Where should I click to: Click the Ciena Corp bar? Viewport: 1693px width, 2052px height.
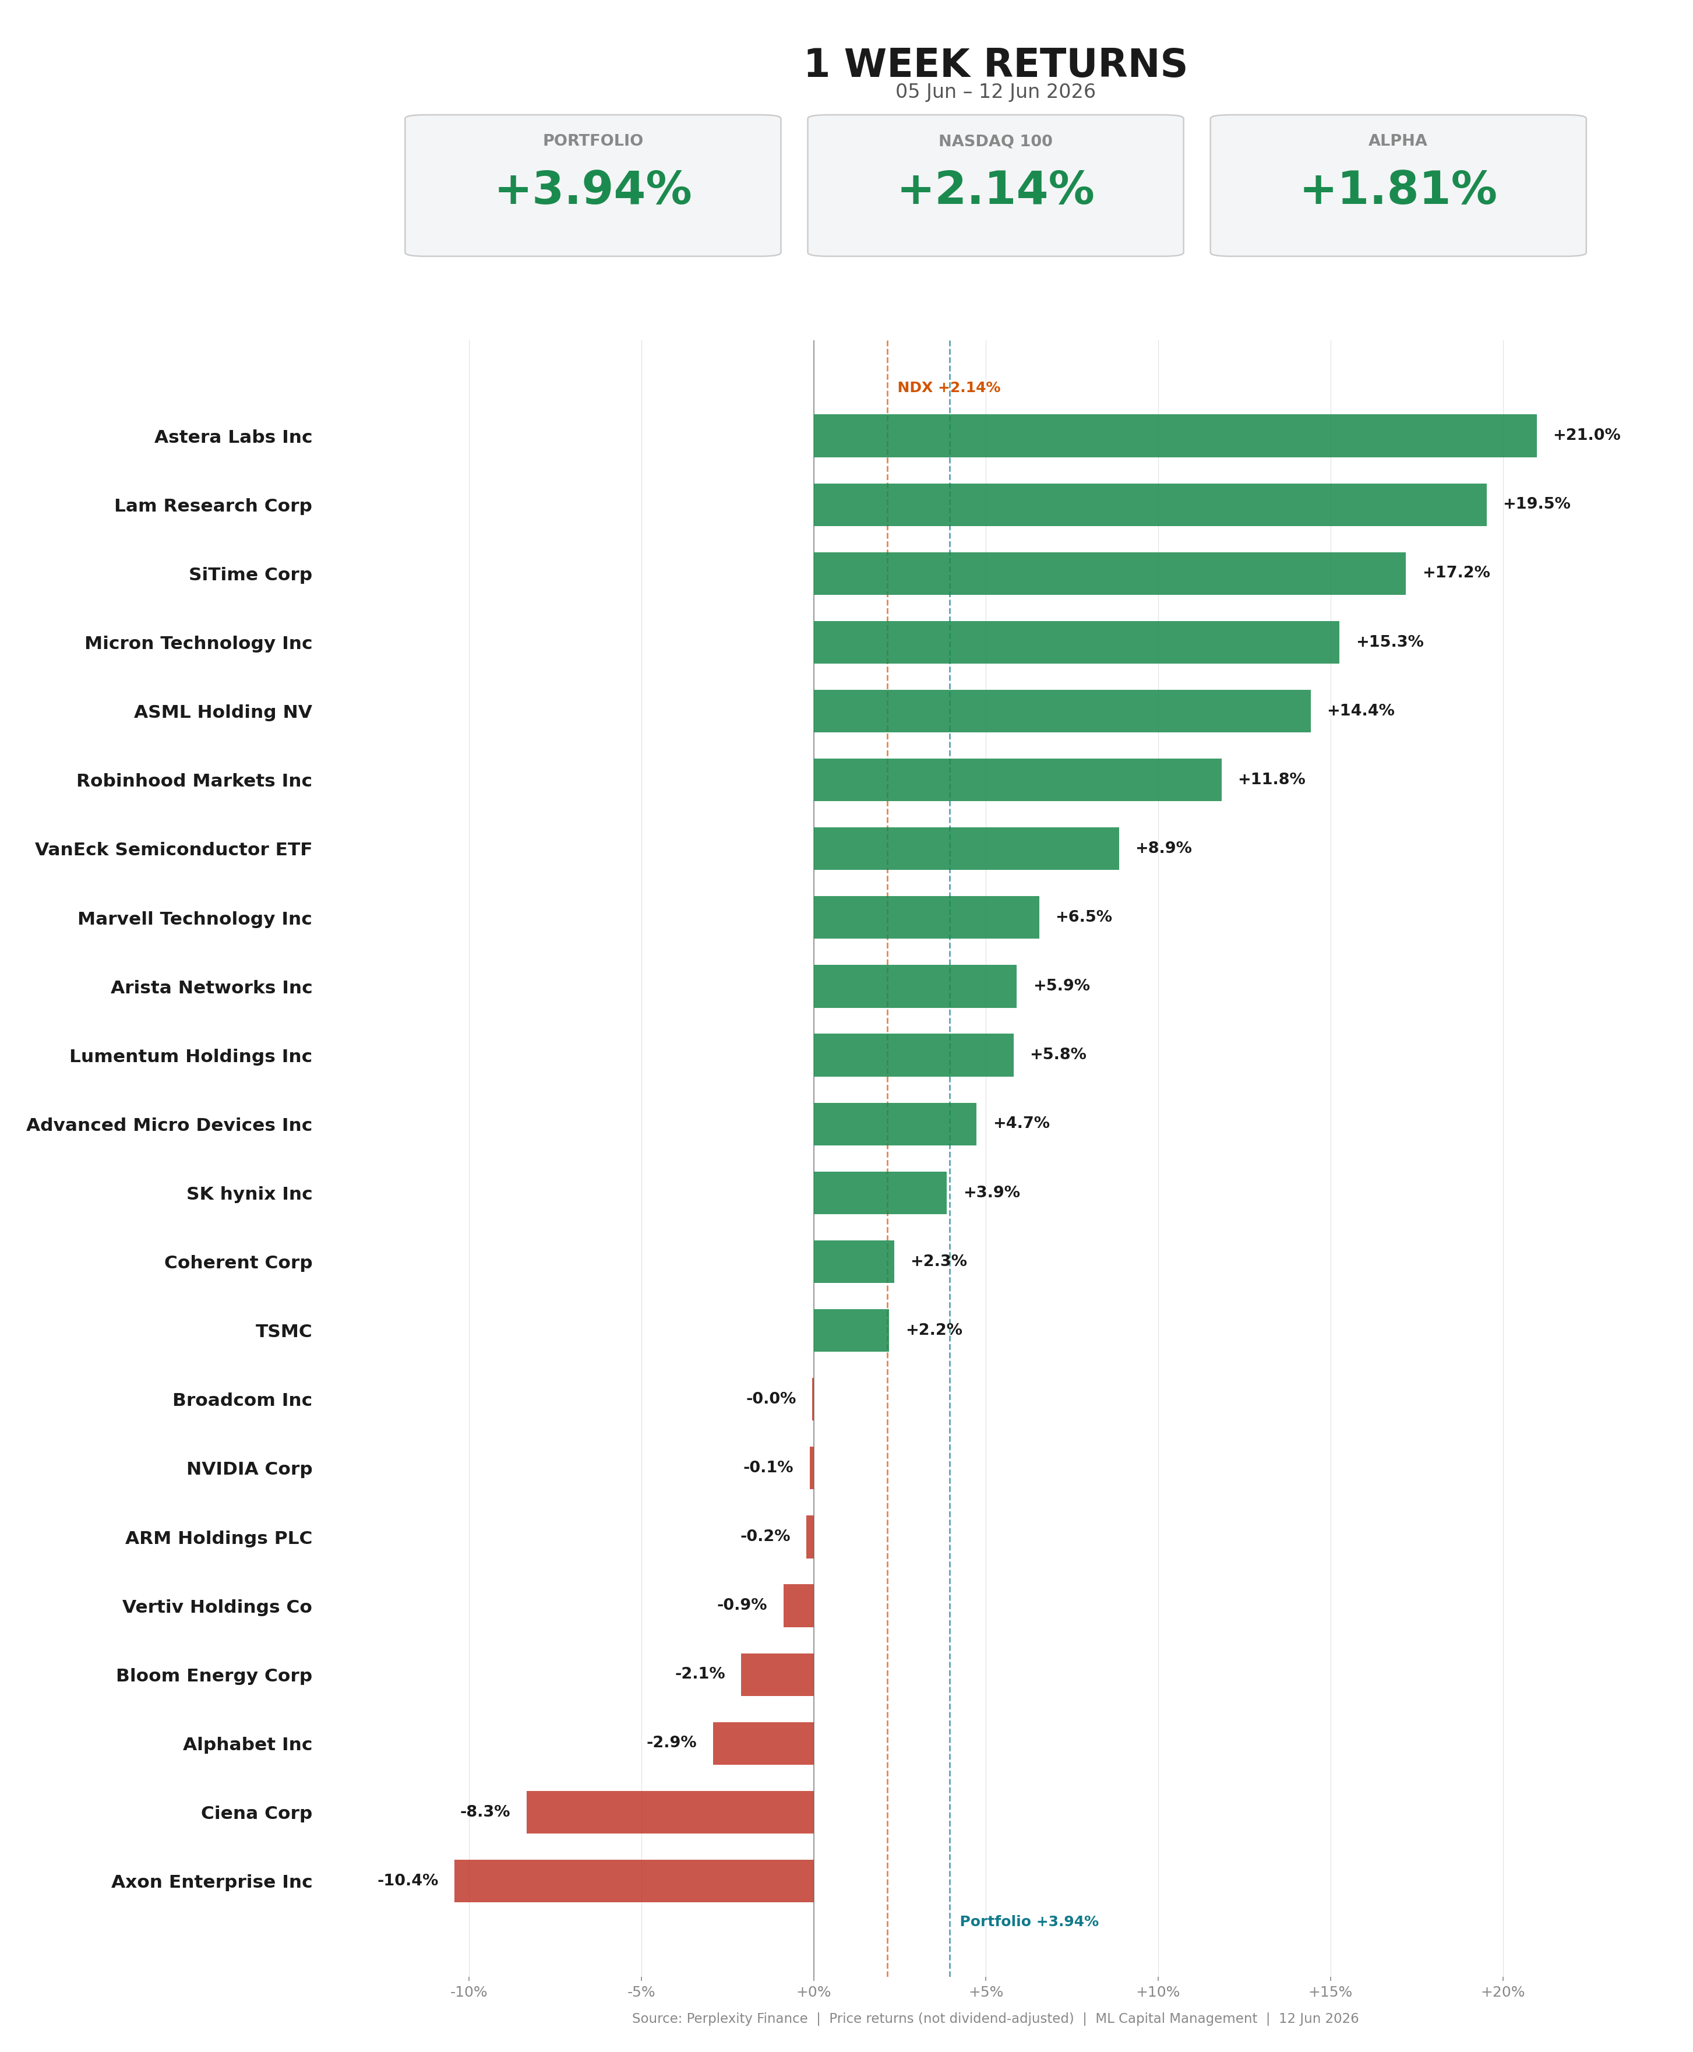coord(670,1812)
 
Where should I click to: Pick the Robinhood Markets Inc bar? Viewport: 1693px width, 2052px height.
coord(1017,780)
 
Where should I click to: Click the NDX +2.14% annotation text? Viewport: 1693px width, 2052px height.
coord(949,388)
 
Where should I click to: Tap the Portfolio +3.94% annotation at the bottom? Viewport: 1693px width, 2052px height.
coord(1029,1921)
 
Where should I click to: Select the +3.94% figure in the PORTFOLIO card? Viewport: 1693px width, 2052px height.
coord(593,189)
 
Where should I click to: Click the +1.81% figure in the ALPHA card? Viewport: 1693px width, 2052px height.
coord(1398,189)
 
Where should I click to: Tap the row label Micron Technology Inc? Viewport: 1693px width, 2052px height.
coord(198,644)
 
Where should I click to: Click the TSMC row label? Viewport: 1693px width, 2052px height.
coord(284,1331)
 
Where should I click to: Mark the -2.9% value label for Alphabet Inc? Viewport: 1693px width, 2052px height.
coord(671,1742)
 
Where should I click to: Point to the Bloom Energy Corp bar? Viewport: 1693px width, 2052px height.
coord(777,1674)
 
